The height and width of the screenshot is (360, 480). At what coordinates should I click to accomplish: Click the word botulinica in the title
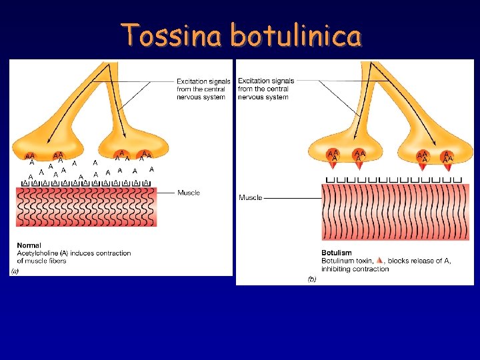point(296,35)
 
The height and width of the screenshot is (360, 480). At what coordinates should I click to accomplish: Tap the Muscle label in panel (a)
point(189,193)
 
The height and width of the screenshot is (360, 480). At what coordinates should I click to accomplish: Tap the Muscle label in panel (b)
point(251,197)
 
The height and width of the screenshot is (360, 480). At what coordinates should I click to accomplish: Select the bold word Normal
point(29,245)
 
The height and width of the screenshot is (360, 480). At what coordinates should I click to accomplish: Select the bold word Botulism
point(337,253)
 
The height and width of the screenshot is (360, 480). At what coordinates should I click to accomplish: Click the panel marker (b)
point(312,279)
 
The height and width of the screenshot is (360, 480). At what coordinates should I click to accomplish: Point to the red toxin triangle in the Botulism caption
point(379,261)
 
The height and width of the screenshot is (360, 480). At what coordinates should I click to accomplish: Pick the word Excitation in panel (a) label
point(193,81)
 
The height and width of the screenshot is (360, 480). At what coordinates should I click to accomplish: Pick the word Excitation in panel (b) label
point(254,81)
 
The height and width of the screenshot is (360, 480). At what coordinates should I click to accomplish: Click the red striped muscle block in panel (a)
point(86,207)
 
